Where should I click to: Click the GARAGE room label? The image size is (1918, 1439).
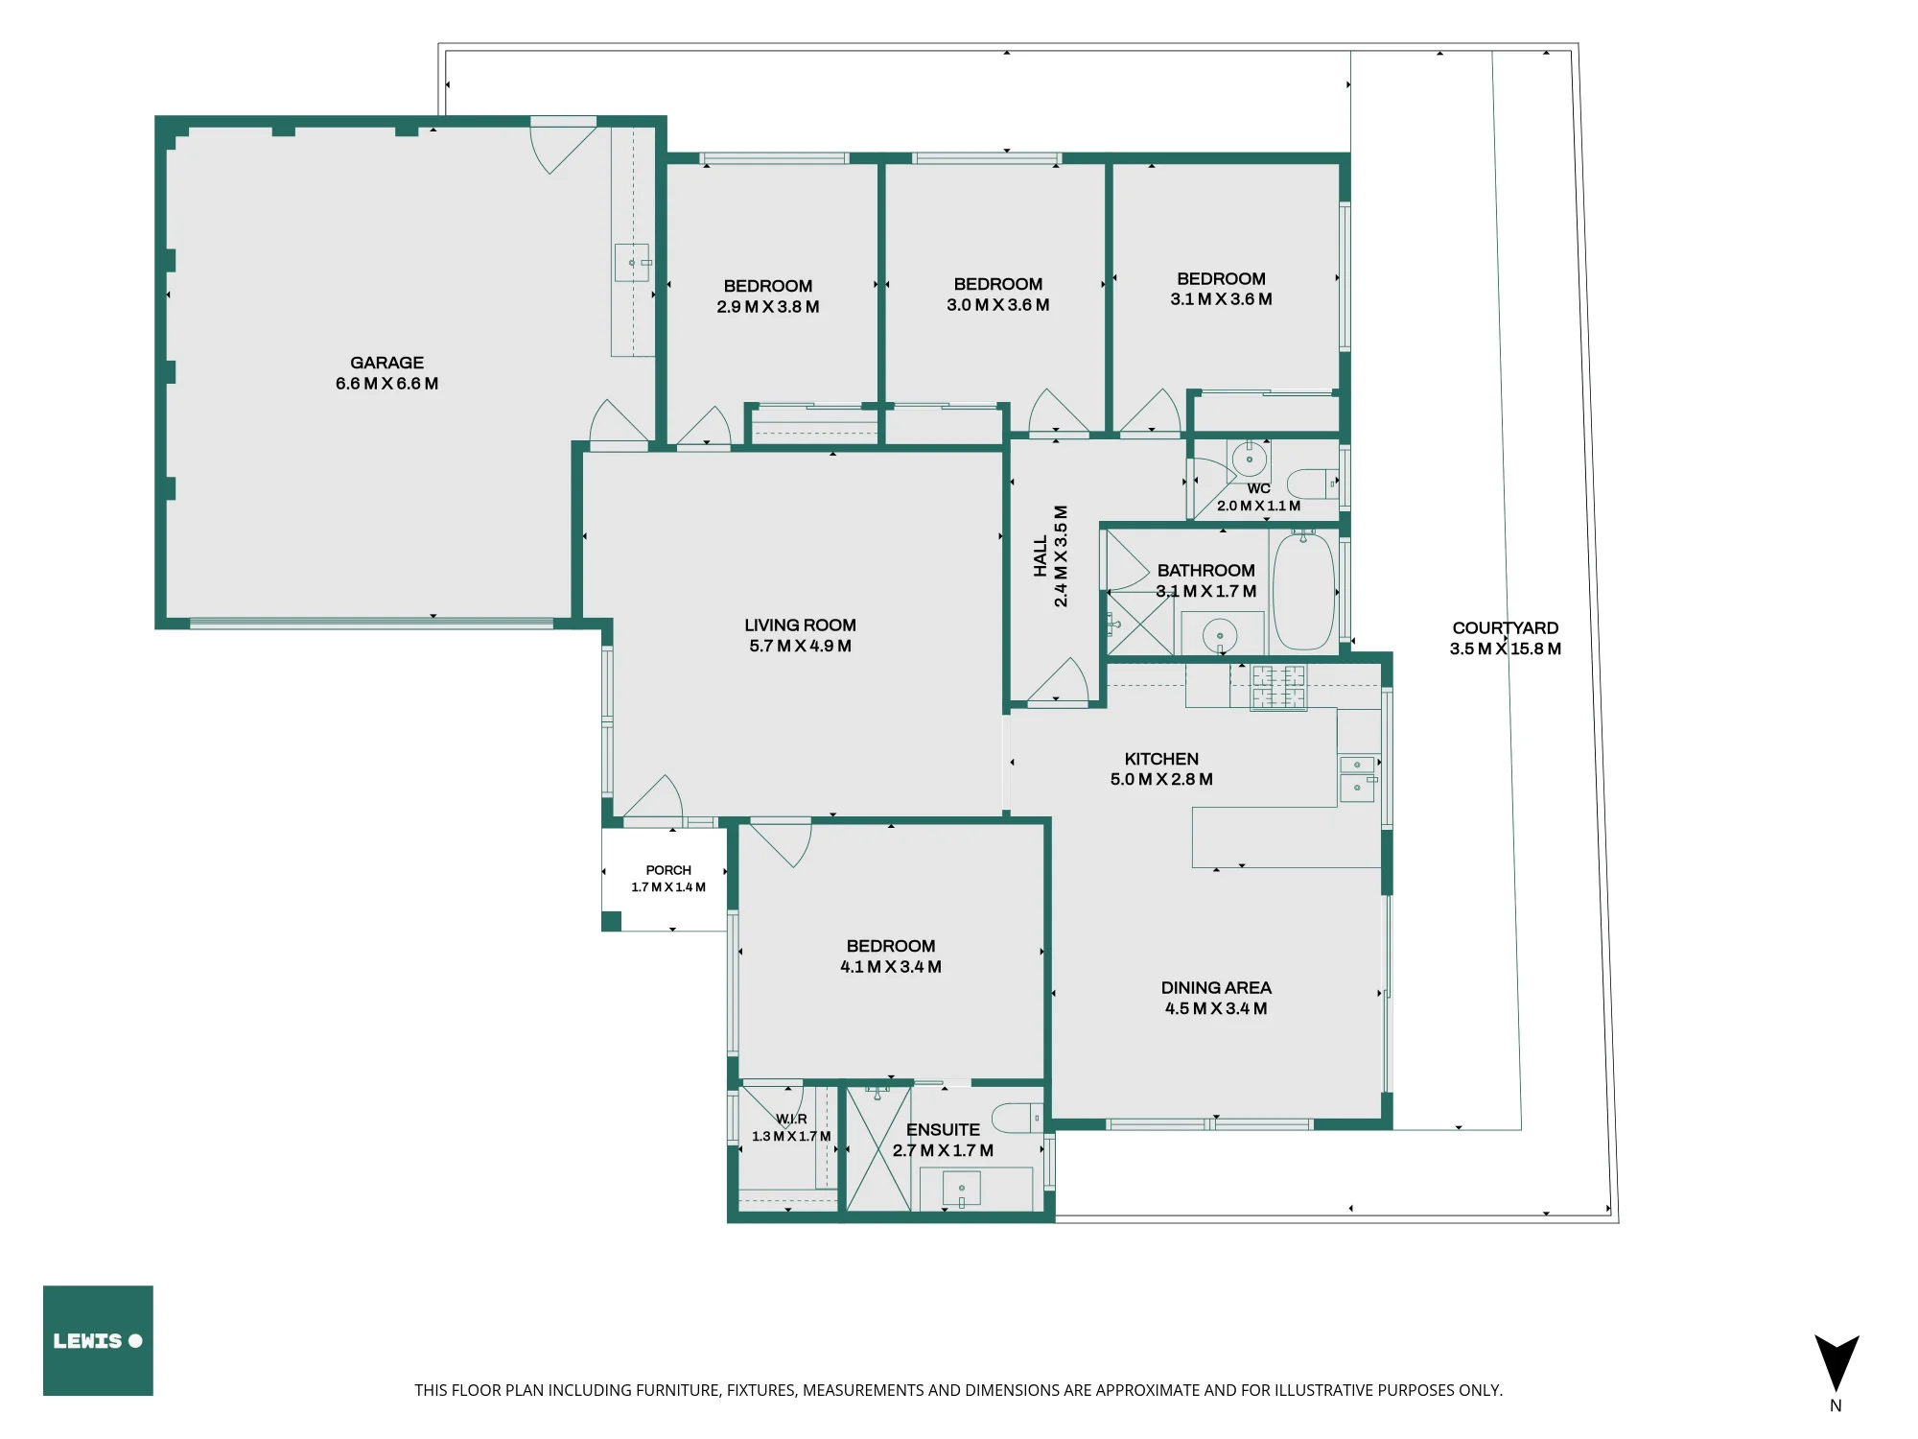pyautogui.click(x=386, y=363)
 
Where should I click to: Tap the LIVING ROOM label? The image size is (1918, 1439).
pyautogui.click(x=800, y=625)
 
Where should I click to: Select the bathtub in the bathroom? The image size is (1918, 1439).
pyautogui.click(x=1303, y=592)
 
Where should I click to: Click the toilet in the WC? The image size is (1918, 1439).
pyautogui.click(x=1312, y=483)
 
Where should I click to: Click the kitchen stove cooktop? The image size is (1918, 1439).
pyautogui.click(x=1278, y=687)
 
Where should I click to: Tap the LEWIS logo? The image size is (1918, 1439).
pyautogui.click(x=98, y=1340)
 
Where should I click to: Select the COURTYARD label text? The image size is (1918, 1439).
pyautogui.click(x=1505, y=628)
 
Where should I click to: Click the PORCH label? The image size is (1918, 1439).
pyautogui.click(x=668, y=870)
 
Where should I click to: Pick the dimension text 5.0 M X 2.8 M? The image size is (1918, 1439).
pyautogui.click(x=1161, y=779)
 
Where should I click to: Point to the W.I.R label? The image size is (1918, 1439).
pyautogui.click(x=791, y=1119)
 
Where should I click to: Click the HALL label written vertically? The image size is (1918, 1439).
pyautogui.click(x=1041, y=556)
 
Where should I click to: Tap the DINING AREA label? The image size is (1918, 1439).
pyautogui.click(x=1216, y=988)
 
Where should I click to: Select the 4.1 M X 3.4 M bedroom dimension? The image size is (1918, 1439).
pyautogui.click(x=891, y=967)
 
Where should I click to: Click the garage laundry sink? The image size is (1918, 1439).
pyautogui.click(x=632, y=263)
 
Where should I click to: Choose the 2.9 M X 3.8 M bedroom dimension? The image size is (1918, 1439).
pyautogui.click(x=768, y=307)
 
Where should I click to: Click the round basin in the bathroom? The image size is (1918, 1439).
pyautogui.click(x=1220, y=635)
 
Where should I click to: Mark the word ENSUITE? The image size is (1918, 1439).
pyautogui.click(x=943, y=1130)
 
